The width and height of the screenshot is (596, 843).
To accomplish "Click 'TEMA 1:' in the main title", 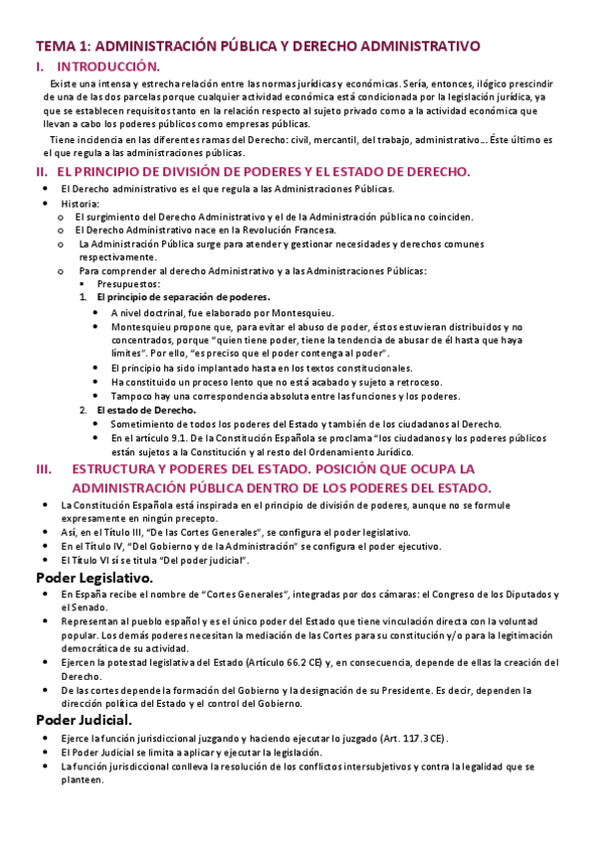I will click(x=63, y=46).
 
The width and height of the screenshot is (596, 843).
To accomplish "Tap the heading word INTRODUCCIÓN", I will click(x=109, y=67).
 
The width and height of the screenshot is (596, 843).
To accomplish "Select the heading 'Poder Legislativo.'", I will click(x=95, y=578).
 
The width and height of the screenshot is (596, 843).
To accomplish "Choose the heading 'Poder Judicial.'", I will click(x=84, y=719).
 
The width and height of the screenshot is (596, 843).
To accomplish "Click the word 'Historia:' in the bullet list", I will click(x=80, y=203).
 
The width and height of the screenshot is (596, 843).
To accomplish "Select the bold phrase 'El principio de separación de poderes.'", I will click(x=183, y=297).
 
